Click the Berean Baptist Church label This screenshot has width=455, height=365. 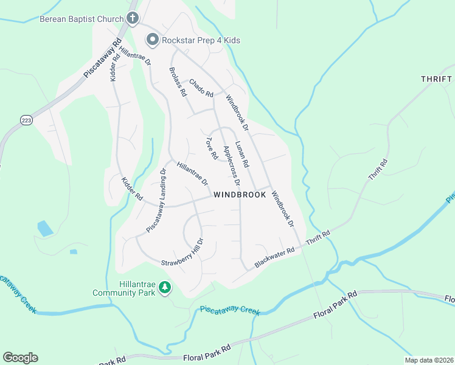82,19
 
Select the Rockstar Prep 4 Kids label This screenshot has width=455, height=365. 201,40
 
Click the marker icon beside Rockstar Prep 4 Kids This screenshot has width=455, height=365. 152,40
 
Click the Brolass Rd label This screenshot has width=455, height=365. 177,82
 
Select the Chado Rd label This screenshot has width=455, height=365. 201,89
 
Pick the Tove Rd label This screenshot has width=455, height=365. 211,148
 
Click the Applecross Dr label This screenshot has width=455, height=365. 232,165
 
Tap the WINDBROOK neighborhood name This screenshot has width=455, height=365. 240,195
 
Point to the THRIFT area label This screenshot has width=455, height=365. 436,79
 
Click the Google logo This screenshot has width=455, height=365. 20,357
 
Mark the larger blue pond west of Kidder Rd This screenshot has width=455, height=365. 44,228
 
